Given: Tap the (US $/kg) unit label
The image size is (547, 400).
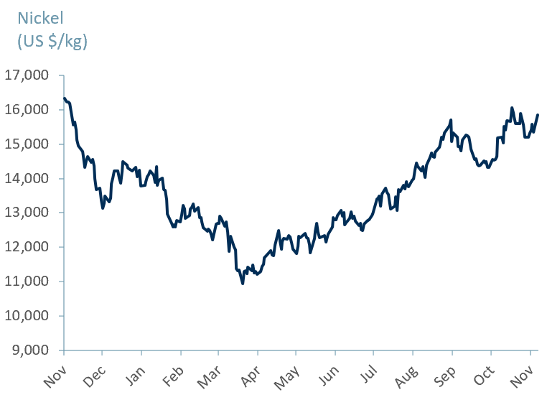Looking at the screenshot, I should (x=52, y=42).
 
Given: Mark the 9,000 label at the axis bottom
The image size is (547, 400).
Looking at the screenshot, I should (x=29, y=350).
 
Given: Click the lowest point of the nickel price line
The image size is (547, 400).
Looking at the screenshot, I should (x=243, y=284).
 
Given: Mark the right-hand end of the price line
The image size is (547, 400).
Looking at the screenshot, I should (x=538, y=115).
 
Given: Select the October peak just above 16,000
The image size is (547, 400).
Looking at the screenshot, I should (x=512, y=108).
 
